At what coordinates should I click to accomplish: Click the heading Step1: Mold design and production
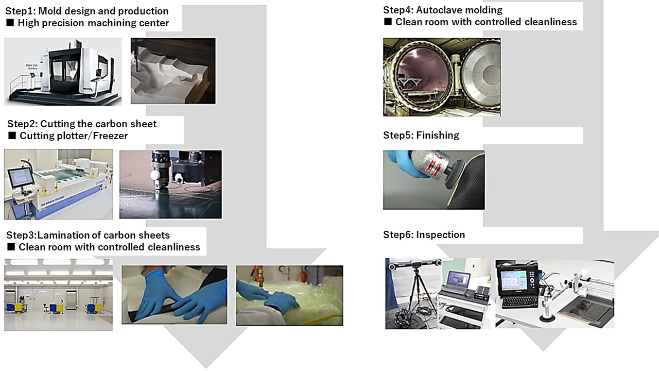86,11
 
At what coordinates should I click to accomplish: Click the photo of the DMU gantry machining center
63,71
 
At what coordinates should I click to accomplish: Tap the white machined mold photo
173,71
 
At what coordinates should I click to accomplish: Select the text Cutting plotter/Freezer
73,136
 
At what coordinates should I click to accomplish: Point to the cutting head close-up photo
170,184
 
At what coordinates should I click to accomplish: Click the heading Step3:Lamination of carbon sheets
88,235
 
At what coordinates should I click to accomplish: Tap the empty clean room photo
58,294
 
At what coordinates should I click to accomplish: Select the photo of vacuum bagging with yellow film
289,295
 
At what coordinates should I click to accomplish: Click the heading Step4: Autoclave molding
442,10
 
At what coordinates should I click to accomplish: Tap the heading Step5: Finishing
421,135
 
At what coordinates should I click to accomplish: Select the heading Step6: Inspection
424,234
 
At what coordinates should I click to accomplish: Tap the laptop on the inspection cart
456,280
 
